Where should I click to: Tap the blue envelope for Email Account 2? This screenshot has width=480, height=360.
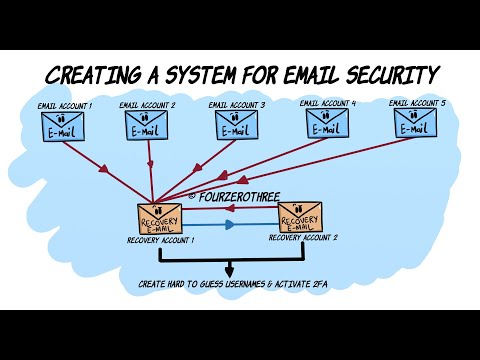pyautogui.click(x=146, y=125)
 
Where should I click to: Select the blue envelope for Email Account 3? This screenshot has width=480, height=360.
pyautogui.click(x=236, y=125)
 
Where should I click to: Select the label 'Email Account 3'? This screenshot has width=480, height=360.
pyautogui.click(x=236, y=104)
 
